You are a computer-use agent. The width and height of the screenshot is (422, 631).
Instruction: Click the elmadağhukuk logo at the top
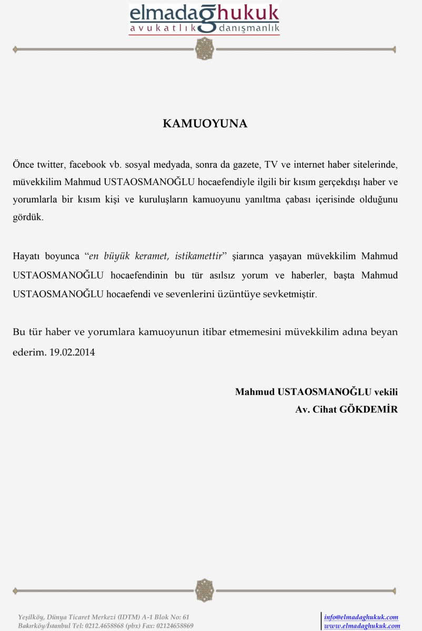pos(204,19)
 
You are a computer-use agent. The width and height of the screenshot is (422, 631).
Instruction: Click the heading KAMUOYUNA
pos(205,124)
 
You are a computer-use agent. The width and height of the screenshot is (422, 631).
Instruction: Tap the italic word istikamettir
pos(197,257)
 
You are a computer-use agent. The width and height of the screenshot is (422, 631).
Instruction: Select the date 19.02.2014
pos(73,352)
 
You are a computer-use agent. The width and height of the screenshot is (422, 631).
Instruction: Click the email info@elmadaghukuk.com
pos(361,617)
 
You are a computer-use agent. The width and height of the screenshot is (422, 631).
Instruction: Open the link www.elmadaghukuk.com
pos(362,626)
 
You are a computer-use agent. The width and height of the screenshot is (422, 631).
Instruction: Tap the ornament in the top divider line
pos(204,49)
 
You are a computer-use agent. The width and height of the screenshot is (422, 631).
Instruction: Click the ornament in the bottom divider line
pos(204,591)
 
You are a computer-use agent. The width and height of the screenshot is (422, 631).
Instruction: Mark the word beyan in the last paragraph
pos(385,332)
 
